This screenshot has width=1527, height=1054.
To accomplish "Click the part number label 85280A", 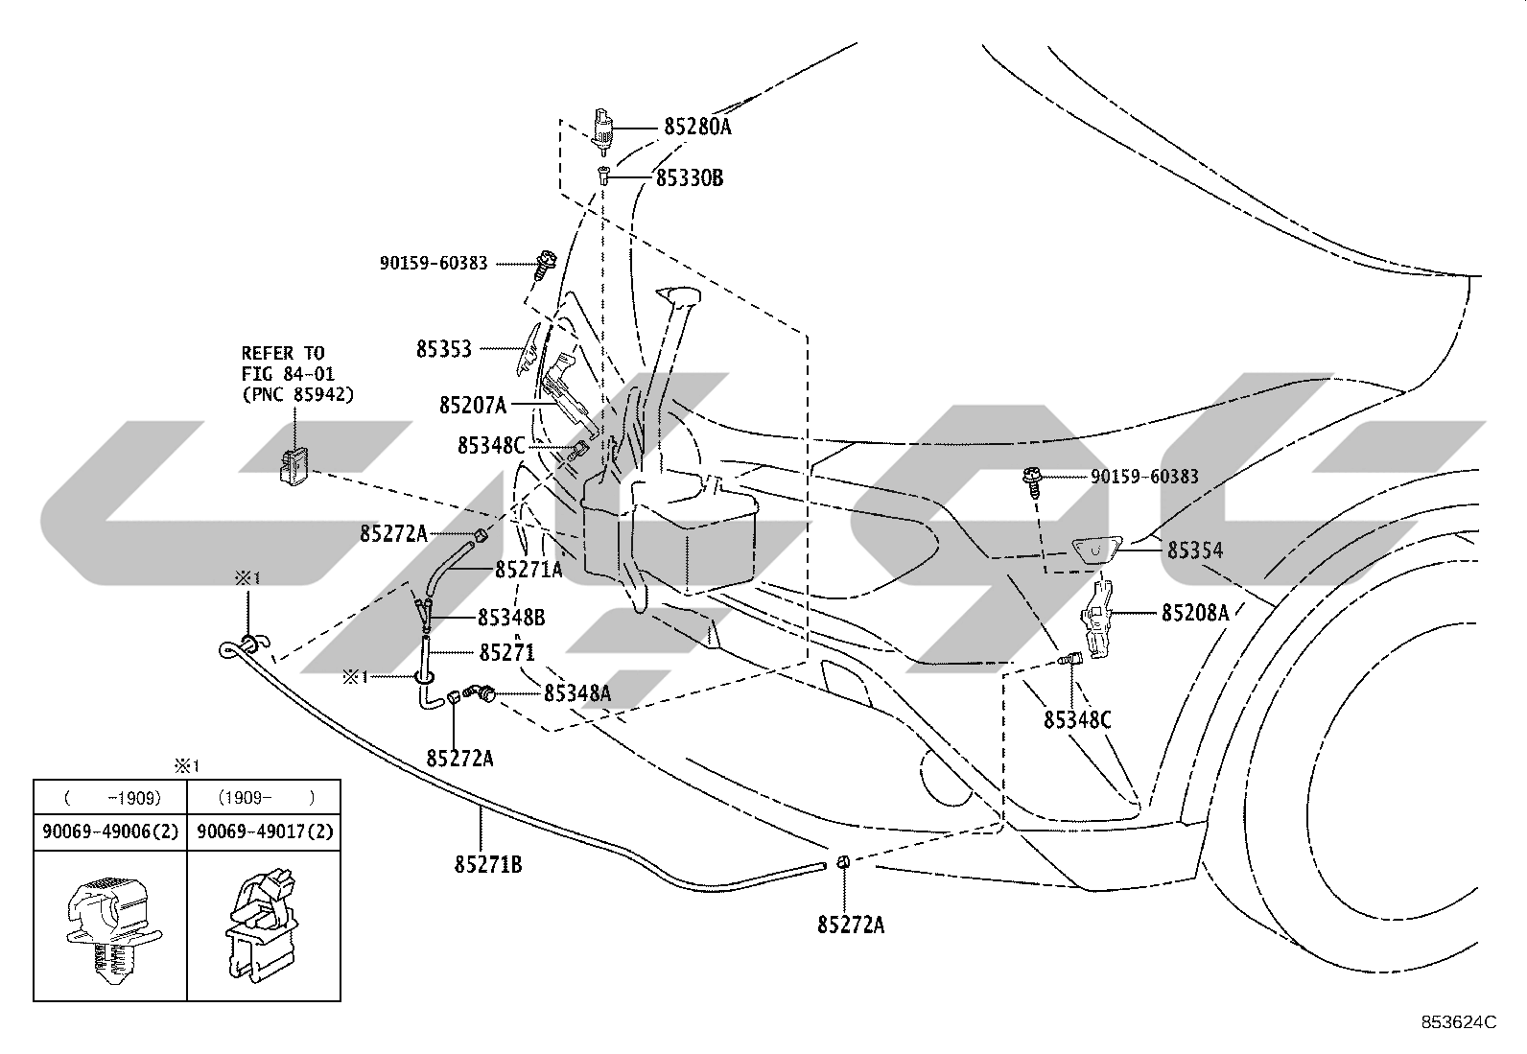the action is click(697, 127).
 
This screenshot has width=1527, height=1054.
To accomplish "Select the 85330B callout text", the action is click(690, 178).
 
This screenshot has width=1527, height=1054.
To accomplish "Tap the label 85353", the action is click(444, 349).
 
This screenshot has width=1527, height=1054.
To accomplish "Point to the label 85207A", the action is click(473, 406).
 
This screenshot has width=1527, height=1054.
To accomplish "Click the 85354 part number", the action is click(1195, 550).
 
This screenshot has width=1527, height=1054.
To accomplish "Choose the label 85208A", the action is click(1195, 613).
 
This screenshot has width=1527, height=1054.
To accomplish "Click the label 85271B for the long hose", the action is click(488, 864).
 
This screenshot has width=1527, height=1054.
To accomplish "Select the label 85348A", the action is click(577, 693).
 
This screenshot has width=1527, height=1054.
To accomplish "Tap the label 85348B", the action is click(511, 618).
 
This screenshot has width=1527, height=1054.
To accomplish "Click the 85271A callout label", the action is click(529, 570).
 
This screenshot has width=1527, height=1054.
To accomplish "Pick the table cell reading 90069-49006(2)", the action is click(110, 831).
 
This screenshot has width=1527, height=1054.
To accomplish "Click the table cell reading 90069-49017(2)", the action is click(265, 831).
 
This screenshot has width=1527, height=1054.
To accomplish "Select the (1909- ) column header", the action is click(266, 798).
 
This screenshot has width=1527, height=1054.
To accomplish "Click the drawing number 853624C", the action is click(1459, 1022).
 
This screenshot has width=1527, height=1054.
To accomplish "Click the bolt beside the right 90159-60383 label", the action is click(1033, 481).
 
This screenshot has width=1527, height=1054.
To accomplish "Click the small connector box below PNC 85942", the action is click(294, 468).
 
